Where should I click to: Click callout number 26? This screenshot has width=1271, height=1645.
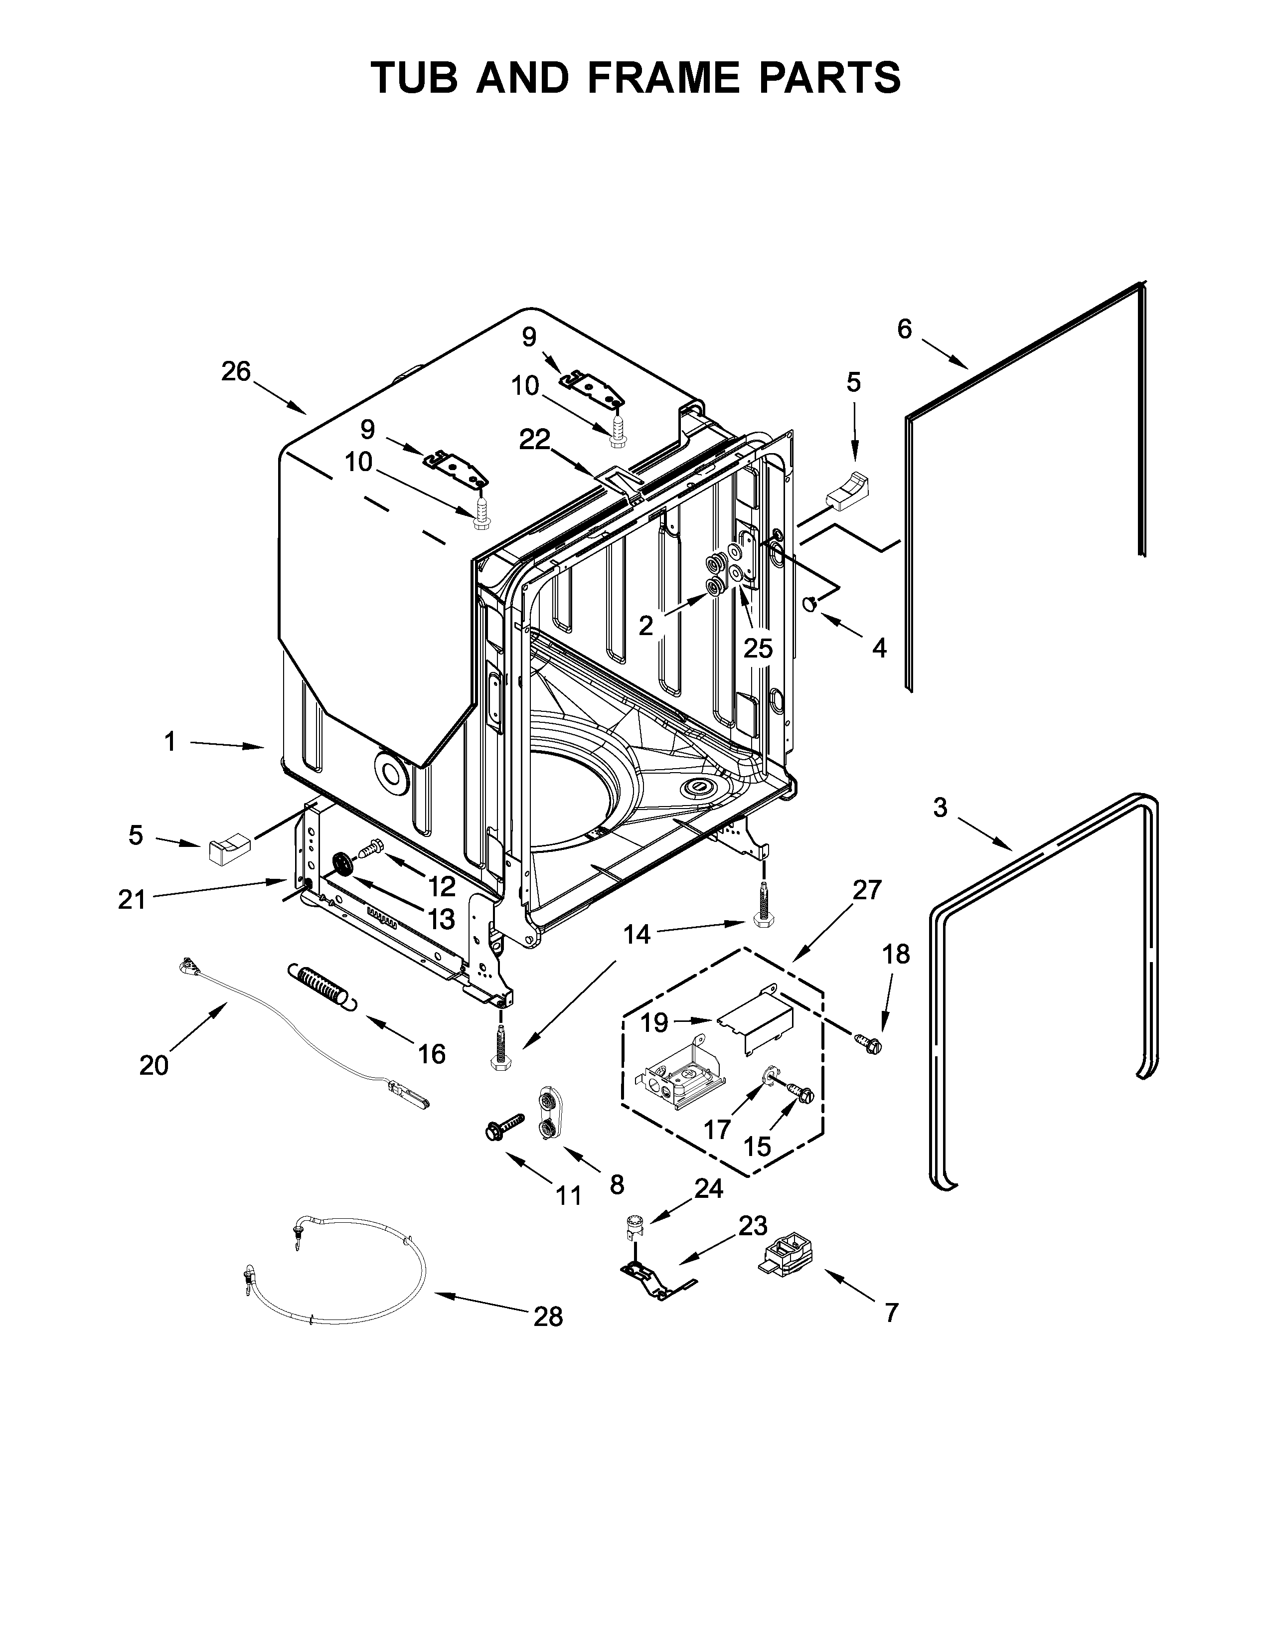pos(236,371)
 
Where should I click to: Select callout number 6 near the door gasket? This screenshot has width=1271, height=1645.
pos(904,329)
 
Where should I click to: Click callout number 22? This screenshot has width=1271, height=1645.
pos(535,439)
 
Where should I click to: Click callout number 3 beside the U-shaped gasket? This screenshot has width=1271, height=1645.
pos(940,808)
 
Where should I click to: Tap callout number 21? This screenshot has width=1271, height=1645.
pos(131,899)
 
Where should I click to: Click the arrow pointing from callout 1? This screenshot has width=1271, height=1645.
pos(226,745)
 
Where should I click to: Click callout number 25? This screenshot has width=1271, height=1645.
pos(758,648)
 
